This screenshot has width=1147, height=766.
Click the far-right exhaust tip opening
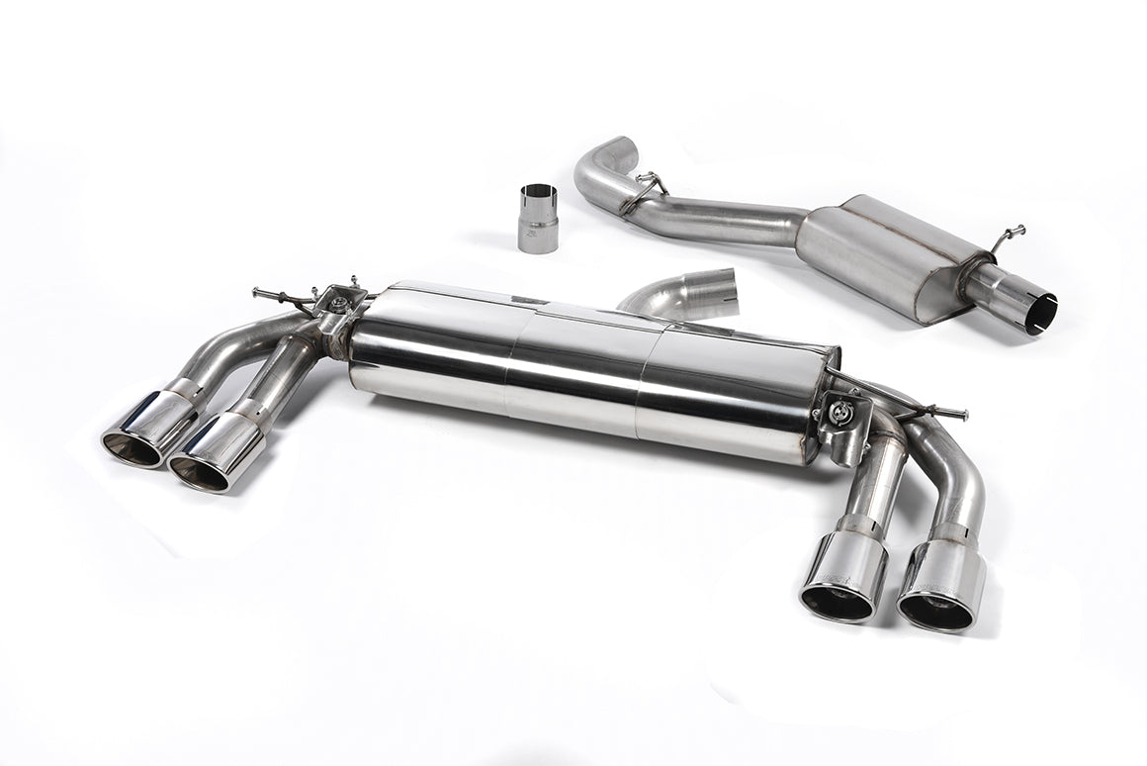click(x=934, y=608)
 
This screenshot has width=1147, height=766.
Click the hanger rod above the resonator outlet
click(x=1011, y=237)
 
